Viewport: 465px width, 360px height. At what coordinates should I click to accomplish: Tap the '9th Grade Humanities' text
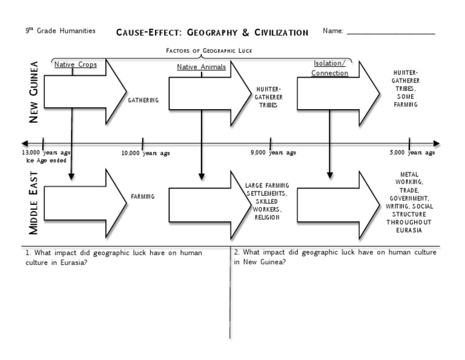(x=61, y=31)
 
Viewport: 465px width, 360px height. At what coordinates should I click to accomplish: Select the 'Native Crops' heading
(x=75, y=65)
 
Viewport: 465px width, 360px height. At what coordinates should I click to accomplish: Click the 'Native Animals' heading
(x=201, y=67)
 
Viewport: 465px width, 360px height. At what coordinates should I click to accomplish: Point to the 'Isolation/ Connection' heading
(x=330, y=68)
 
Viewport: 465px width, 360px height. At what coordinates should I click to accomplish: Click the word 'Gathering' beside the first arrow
(x=143, y=100)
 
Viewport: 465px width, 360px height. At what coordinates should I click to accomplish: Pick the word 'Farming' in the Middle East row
(x=143, y=196)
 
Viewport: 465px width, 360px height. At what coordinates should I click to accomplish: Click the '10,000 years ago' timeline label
(x=146, y=153)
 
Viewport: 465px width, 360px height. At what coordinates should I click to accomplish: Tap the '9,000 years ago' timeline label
(x=274, y=153)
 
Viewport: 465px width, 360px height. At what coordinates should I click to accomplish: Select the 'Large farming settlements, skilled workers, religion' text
(x=267, y=201)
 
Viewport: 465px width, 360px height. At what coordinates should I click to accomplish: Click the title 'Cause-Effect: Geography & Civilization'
(x=212, y=32)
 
